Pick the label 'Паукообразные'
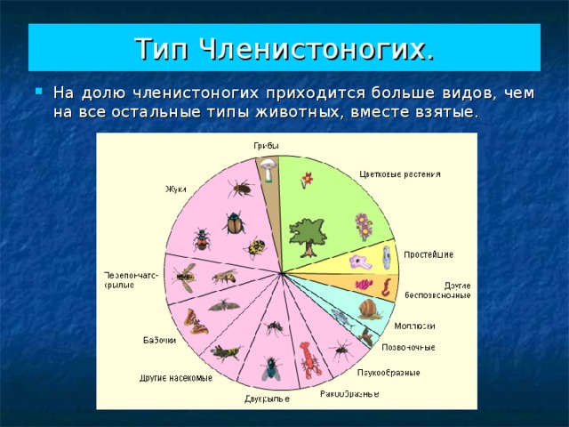(389, 373)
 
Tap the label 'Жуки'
(175, 188)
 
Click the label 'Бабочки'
(160, 340)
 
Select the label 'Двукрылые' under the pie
(267, 399)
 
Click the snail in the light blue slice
(370, 309)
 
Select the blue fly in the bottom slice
(268, 367)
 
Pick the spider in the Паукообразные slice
(341, 350)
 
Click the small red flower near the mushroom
(307, 179)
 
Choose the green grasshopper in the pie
(226, 352)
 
